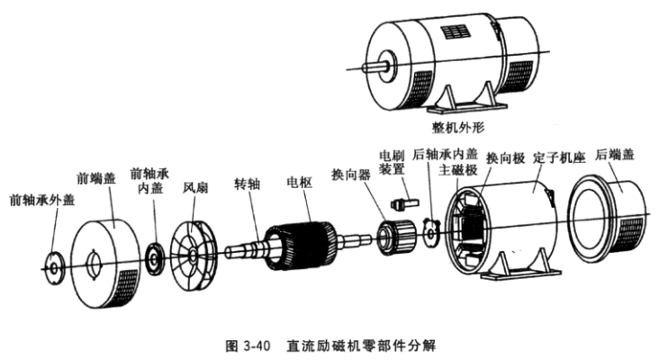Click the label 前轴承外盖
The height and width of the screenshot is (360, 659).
(x=39, y=199)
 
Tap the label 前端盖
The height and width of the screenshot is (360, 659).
(x=96, y=179)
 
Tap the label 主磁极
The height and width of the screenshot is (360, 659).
(x=457, y=168)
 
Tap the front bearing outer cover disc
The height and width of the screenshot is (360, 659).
(x=52, y=266)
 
